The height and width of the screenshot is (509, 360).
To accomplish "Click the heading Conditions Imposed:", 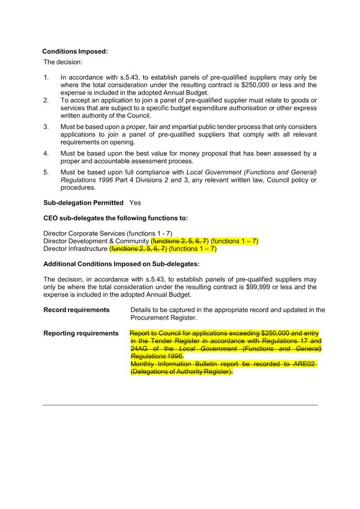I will (75, 51).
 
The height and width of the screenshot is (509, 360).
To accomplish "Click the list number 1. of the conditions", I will (46, 78).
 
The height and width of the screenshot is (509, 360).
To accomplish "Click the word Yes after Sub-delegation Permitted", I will (136, 203).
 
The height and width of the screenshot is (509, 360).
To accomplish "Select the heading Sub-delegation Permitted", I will (83, 203).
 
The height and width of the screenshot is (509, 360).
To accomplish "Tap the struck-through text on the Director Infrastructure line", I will (138, 249).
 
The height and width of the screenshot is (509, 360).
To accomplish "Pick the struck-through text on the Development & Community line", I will (180, 241).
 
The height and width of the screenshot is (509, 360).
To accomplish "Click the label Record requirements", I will (76, 310).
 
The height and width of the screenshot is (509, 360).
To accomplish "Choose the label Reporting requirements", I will (80, 333).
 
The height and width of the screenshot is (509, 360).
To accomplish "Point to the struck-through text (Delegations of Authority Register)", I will (182, 372).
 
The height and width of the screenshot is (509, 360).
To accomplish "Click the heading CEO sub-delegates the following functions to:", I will (115, 218).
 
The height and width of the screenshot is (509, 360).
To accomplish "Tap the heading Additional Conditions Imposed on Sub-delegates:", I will (121, 264).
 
